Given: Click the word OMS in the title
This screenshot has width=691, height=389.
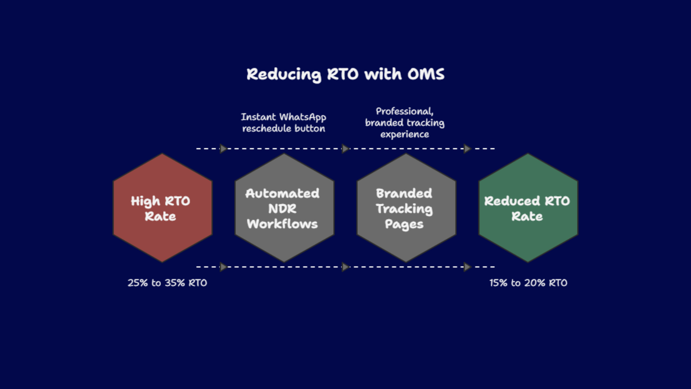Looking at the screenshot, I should [426, 74].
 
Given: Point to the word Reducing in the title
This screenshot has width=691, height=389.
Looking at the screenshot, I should [284, 74].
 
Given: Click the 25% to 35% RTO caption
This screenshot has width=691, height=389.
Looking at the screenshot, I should [167, 283].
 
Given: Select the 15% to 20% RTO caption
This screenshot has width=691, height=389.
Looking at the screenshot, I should [528, 283].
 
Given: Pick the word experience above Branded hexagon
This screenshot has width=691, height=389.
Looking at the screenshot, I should [405, 134].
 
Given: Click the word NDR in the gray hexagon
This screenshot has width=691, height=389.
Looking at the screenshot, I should [282, 209].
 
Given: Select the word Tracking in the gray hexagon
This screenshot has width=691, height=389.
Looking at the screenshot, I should [404, 209].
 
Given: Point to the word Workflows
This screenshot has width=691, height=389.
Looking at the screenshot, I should [282, 224].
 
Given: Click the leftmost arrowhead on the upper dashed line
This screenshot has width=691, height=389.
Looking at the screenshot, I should [223, 149].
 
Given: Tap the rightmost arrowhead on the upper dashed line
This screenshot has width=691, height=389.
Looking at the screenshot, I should [467, 149].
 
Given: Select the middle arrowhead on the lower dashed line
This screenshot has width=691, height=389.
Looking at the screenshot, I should [345, 267].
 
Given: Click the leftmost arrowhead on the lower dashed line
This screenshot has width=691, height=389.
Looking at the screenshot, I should [223, 267].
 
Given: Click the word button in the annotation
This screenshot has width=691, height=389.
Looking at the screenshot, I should [309, 129].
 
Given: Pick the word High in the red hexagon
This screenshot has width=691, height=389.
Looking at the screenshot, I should [145, 201].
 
